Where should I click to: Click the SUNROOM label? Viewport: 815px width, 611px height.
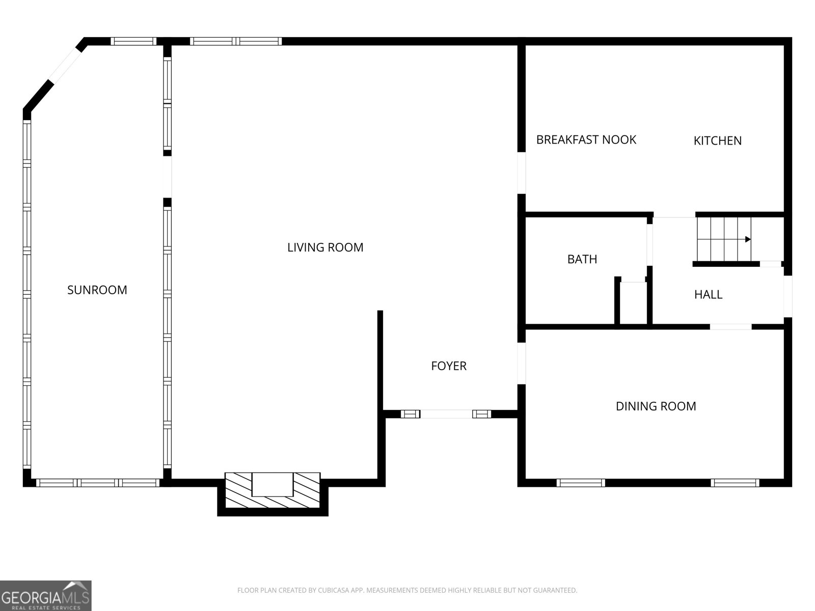[x=97, y=290]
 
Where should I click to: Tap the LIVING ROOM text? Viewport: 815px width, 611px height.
[x=325, y=247]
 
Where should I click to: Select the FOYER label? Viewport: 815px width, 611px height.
[x=448, y=366]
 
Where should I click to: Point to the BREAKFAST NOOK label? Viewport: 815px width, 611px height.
[x=586, y=140]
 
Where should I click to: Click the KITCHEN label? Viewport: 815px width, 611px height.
[x=717, y=141]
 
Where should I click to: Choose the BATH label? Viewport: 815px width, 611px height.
[x=582, y=259]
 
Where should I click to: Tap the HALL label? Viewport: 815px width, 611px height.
[x=708, y=294]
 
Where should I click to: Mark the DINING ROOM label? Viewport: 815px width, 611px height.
[x=656, y=406]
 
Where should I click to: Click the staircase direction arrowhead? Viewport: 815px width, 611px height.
[x=747, y=239]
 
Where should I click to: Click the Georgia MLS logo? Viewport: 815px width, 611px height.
[x=45, y=595]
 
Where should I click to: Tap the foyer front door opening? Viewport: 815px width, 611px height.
[x=446, y=414]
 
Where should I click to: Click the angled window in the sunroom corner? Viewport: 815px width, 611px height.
[x=65, y=67]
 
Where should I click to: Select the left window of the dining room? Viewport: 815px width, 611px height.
[x=581, y=483]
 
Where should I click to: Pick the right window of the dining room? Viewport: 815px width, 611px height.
[x=735, y=483]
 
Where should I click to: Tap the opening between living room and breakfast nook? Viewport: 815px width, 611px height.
[x=521, y=173]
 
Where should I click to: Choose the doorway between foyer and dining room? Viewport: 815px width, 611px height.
[x=521, y=364]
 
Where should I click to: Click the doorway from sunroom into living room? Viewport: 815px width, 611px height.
[x=167, y=177]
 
